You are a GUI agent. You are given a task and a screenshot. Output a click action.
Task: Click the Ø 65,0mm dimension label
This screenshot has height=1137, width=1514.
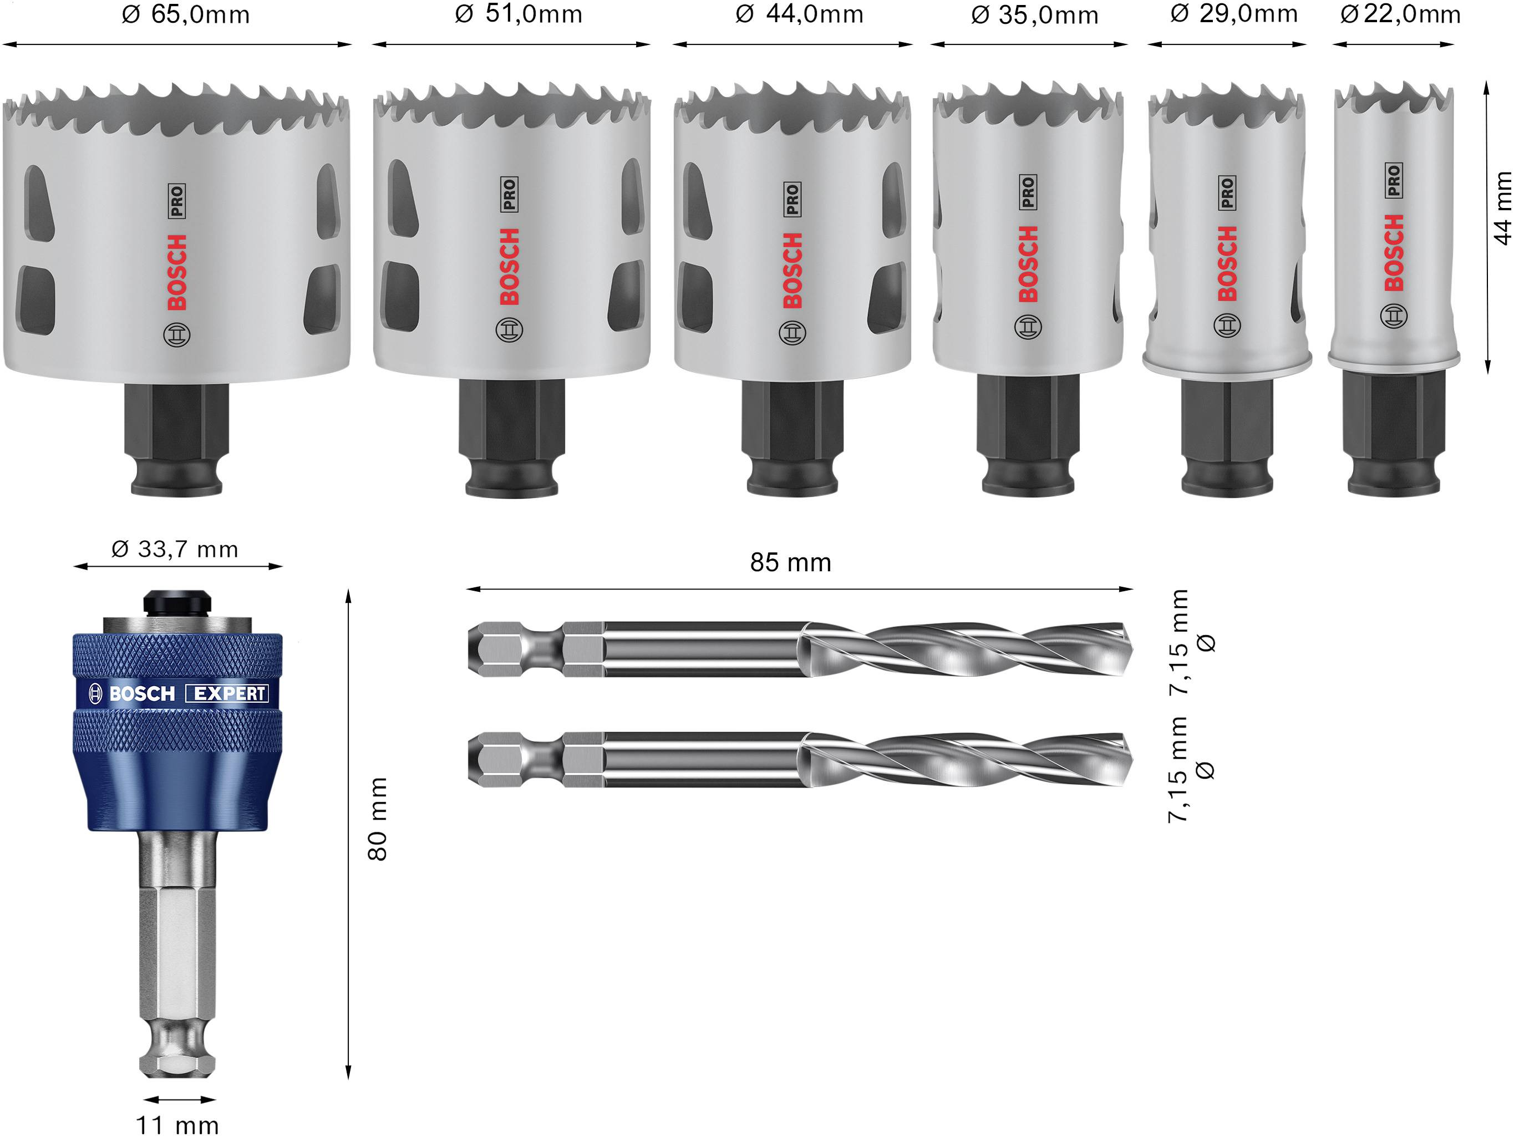185,15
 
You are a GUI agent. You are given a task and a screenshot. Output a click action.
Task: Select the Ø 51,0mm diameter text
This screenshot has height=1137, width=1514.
518,14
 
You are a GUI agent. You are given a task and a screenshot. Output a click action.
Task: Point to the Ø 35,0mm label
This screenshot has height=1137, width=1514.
1034,15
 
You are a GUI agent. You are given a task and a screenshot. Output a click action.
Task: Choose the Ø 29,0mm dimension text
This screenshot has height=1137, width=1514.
1233,14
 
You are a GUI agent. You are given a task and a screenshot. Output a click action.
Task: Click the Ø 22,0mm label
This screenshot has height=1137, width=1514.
1400,14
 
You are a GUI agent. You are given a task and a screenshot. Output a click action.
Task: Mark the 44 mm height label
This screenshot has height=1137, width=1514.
1502,208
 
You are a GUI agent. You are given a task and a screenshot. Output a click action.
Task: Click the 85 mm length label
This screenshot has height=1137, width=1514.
790,563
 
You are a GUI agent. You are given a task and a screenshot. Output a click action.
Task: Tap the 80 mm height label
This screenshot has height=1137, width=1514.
377,819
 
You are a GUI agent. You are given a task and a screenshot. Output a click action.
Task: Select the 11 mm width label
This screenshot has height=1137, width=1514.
177,1125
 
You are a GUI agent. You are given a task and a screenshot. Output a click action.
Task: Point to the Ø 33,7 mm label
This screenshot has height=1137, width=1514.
175,549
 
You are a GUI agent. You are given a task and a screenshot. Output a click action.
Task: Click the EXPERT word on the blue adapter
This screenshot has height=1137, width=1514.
228,693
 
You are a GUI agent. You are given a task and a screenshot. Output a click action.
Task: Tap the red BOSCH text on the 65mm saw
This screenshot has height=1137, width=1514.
177,272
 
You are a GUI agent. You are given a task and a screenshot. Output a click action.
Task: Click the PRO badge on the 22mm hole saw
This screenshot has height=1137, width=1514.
1394,180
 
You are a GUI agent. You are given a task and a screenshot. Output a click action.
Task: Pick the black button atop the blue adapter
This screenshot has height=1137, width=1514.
176,602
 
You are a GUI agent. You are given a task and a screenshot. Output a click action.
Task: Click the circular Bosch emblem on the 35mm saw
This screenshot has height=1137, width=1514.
1027,327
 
